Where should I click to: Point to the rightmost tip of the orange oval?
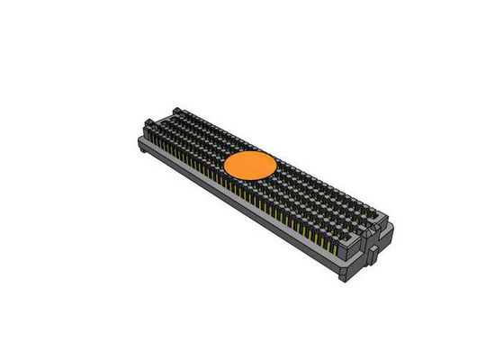click(x=276, y=166)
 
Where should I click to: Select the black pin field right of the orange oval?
click(x=315, y=193)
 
